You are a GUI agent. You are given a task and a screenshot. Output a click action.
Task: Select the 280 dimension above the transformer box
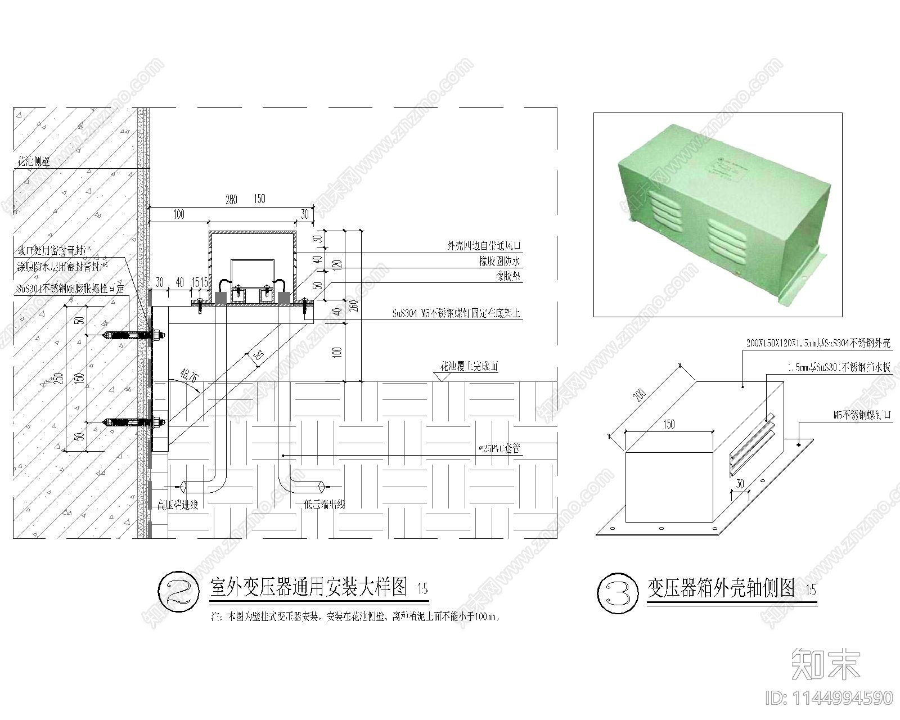231,200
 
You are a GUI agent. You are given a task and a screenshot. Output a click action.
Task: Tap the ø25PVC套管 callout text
498,449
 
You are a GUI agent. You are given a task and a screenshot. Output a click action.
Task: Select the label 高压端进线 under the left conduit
178,505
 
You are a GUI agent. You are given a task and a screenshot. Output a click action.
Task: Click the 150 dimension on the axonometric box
668,424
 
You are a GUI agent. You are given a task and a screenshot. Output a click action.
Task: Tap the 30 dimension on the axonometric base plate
740,484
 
